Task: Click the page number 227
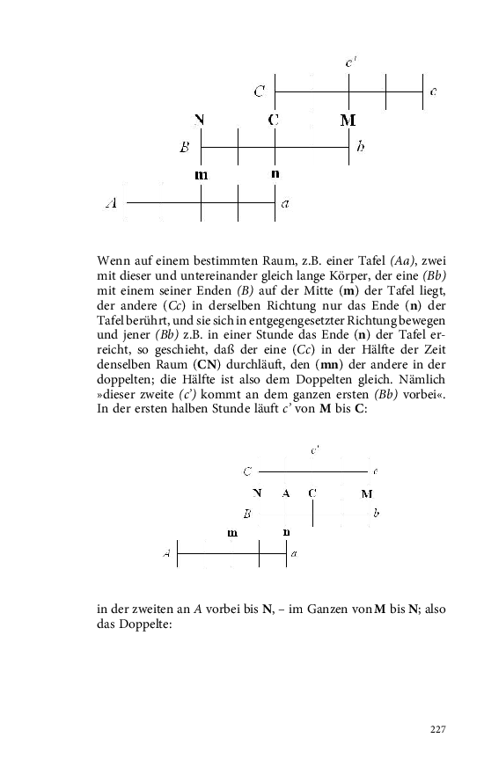click(439, 729)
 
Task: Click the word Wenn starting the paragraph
click(114, 260)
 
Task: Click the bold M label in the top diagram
click(348, 119)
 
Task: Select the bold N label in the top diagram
click(201, 119)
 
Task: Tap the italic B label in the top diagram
click(185, 148)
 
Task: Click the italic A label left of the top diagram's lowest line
click(112, 204)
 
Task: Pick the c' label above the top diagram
click(349, 62)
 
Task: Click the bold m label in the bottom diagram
click(232, 533)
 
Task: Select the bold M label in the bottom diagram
click(367, 493)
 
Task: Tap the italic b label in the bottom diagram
click(376, 512)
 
